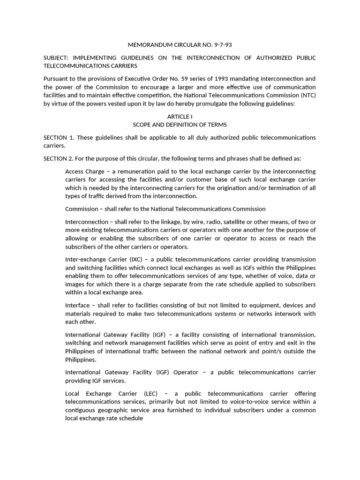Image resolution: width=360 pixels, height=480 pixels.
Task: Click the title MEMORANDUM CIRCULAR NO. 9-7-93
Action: [x=180, y=45]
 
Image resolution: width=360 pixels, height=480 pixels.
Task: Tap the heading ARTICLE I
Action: [x=180, y=116]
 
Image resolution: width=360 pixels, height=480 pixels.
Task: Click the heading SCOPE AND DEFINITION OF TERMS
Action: [x=180, y=124]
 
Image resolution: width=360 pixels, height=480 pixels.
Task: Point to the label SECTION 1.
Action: [x=59, y=137]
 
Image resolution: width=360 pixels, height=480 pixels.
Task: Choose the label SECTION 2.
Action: [x=59, y=158]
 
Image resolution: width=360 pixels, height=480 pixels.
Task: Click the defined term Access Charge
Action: [x=85, y=172]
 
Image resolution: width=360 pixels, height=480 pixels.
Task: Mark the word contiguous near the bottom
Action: [x=83, y=410]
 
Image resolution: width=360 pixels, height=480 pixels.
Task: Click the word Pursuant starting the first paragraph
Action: [x=57, y=79]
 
